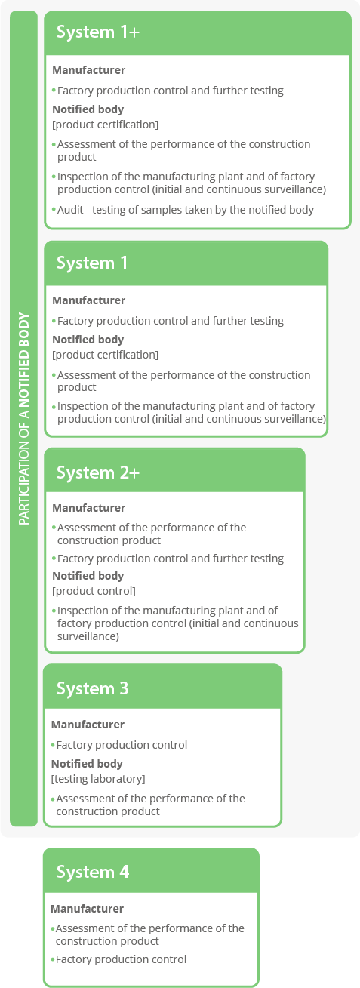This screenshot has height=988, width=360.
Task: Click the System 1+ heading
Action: point(98,32)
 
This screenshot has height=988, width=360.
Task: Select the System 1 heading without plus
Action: point(92,263)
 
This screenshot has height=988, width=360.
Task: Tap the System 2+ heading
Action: point(98,472)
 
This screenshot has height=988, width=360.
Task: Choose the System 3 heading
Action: point(93,688)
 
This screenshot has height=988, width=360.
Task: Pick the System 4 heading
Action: point(93,872)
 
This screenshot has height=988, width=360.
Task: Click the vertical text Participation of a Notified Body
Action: point(24,419)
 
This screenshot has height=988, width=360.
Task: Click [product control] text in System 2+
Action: point(94,591)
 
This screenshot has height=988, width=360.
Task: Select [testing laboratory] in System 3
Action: point(98,779)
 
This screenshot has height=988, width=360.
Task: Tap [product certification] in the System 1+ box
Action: point(106,125)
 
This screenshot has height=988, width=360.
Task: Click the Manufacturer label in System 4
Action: point(88,909)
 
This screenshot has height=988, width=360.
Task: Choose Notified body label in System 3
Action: point(87,764)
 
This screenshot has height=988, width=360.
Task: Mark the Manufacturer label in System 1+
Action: point(88,70)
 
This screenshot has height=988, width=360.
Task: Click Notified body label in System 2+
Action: point(88,576)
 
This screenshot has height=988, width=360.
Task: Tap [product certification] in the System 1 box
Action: point(106,355)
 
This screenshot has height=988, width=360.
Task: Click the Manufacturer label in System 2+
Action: point(88,508)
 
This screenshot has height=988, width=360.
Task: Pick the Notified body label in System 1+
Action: point(88,109)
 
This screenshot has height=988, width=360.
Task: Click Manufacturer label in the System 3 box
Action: point(88,725)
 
